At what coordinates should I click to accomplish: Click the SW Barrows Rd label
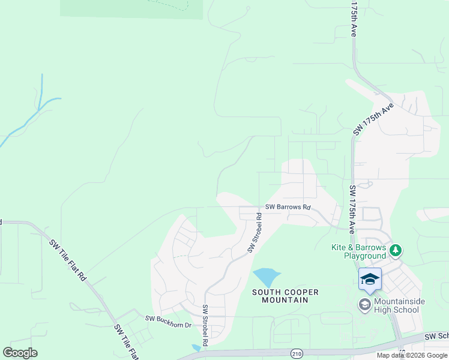click(x=289, y=208)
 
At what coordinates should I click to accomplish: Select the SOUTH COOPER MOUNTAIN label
click(x=285, y=296)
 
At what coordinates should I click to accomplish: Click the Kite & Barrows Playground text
click(x=358, y=251)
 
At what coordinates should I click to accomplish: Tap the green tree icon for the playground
click(x=395, y=249)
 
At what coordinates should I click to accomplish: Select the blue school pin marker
click(x=370, y=279)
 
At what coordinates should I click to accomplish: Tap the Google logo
click(x=20, y=353)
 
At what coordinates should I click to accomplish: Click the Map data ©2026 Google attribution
click(x=412, y=355)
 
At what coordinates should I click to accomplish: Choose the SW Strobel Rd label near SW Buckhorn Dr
click(x=205, y=326)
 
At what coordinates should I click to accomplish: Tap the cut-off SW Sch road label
click(x=436, y=337)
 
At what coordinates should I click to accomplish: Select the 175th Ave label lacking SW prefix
click(x=354, y=19)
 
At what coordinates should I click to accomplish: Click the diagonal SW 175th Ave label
click(x=373, y=119)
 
